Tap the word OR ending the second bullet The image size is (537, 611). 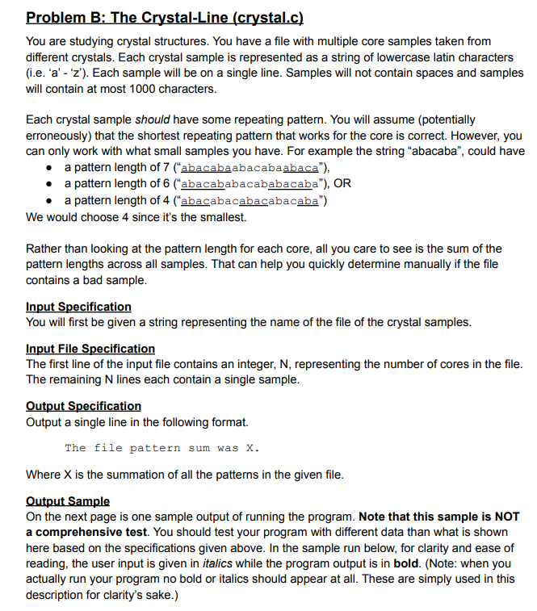click(342, 184)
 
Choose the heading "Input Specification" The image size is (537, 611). click(78, 307)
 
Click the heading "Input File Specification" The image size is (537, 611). click(90, 349)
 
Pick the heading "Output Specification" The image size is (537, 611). click(83, 406)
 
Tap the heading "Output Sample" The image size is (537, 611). click(68, 501)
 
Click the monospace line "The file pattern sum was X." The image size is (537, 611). click(162, 448)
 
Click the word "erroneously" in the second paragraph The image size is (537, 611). click(61, 136)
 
